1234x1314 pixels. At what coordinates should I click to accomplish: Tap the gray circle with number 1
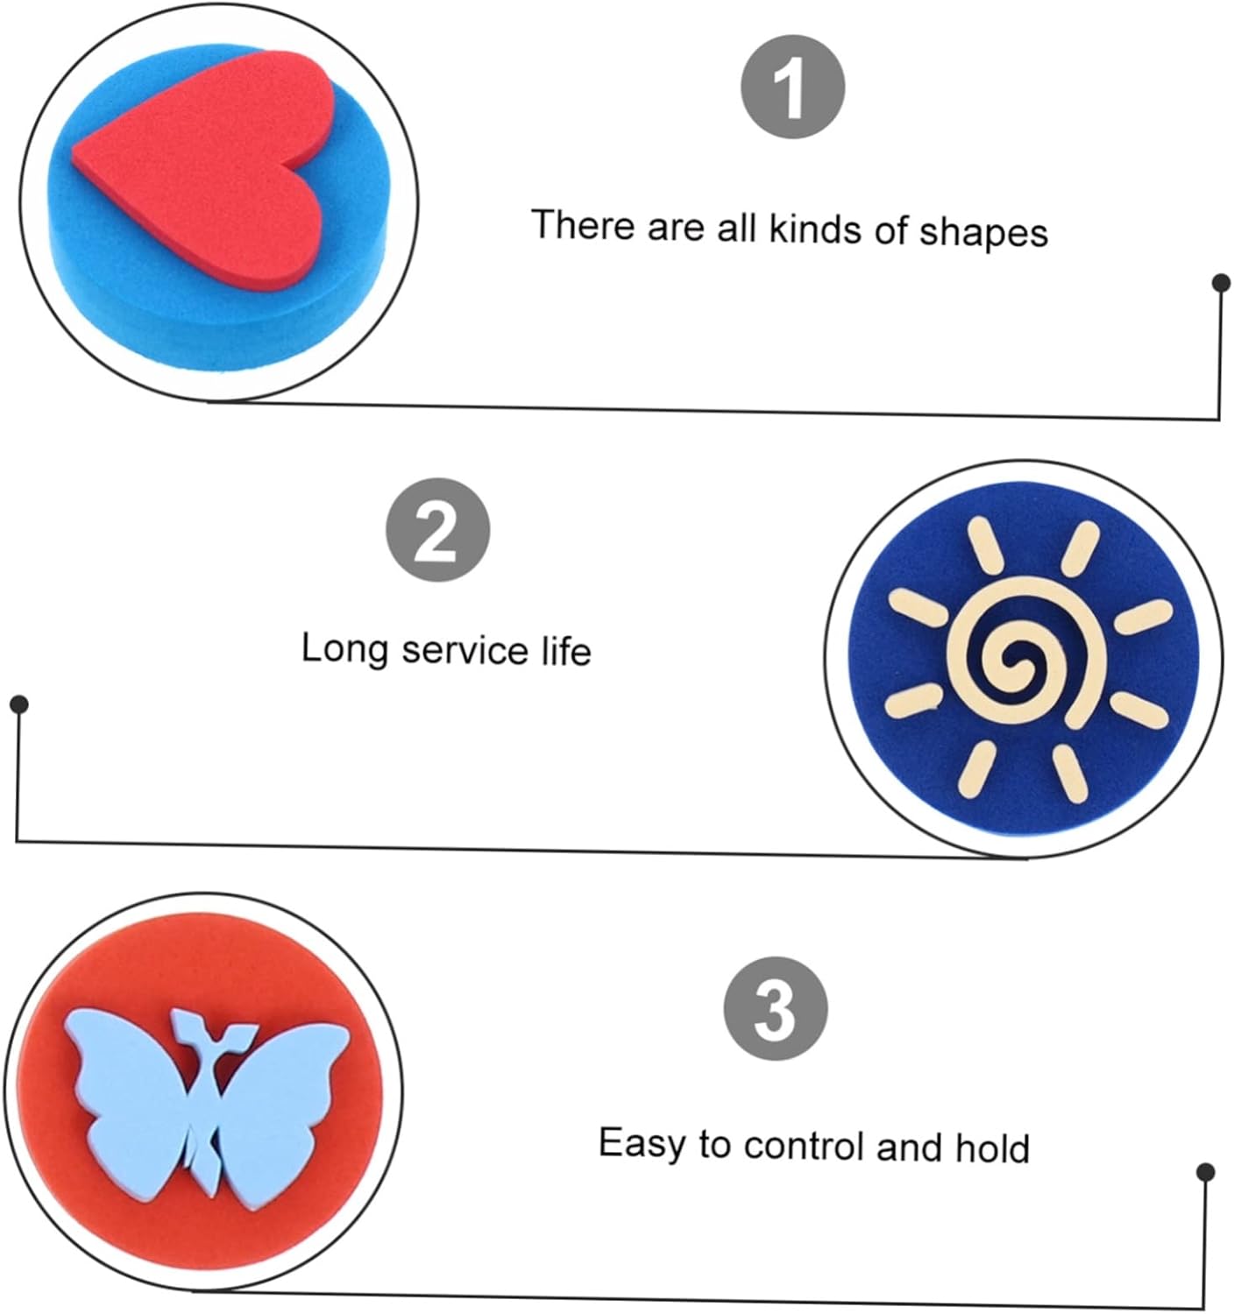(792, 87)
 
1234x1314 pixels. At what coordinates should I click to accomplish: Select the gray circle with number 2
(437, 530)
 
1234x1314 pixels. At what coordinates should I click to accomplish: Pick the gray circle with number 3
(776, 1008)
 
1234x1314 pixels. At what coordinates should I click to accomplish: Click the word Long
(344, 649)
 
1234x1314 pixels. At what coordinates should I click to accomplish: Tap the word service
(465, 650)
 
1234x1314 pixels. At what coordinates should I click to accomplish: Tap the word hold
(992, 1147)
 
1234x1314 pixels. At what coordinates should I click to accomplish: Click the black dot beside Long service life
(20, 704)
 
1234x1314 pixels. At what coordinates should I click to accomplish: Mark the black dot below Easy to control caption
(1206, 1172)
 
